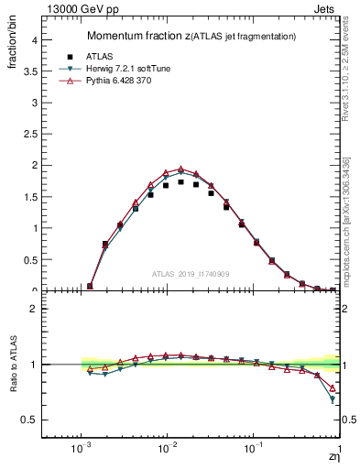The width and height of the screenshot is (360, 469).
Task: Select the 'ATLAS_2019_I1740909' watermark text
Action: [x=191, y=273]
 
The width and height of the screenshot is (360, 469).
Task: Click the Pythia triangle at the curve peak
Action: [x=180, y=169]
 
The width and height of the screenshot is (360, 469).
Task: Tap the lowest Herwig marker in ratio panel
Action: [x=333, y=399]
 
